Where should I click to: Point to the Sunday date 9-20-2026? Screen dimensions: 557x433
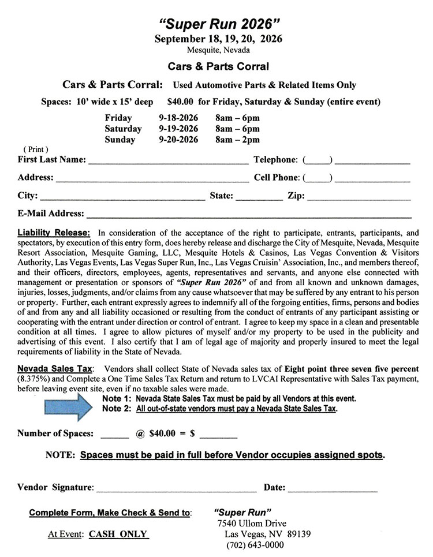tap(178, 140)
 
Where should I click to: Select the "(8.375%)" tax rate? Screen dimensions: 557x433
tap(36, 379)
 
